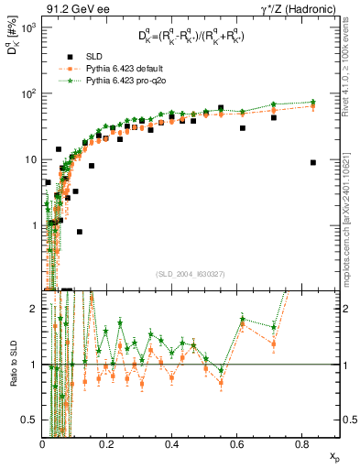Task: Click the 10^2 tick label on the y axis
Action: pyautogui.click(x=28, y=93)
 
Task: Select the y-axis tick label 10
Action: pyautogui.click(x=30, y=159)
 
